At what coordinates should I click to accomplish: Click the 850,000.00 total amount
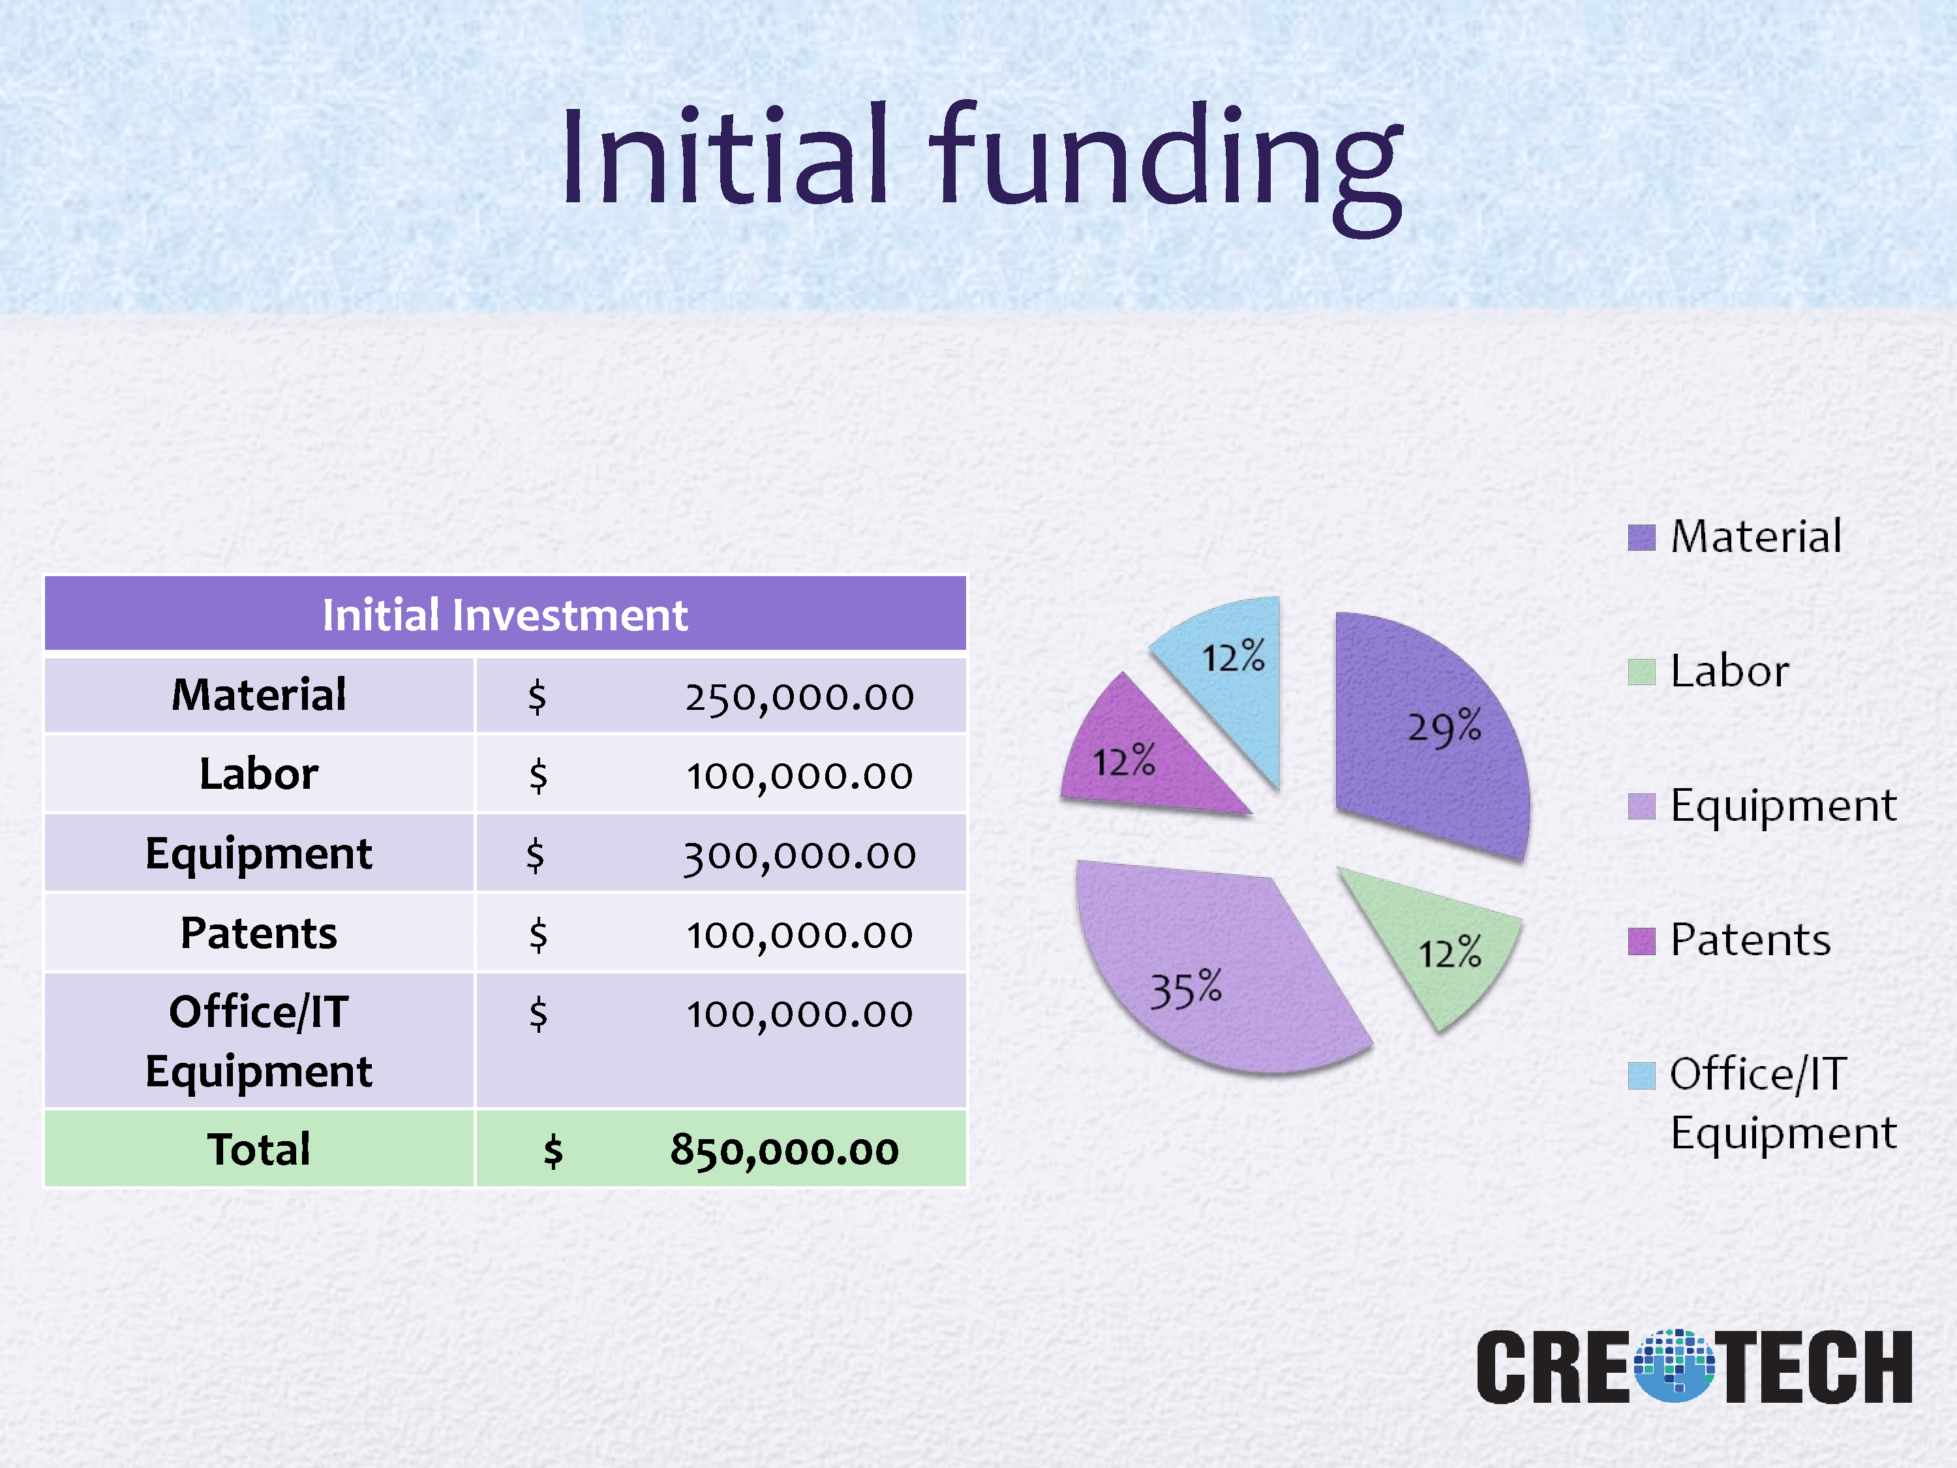[785, 1150]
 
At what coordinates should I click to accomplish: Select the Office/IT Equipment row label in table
[259, 1041]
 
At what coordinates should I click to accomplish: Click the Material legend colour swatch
[1641, 537]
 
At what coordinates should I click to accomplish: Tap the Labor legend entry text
[1729, 671]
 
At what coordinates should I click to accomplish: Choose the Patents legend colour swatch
[1641, 941]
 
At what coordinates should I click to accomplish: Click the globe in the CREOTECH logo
[1675, 1366]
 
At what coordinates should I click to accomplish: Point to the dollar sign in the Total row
[553, 1151]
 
